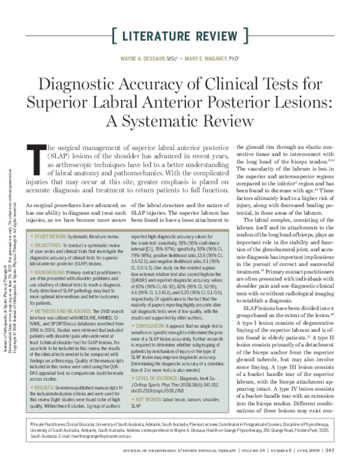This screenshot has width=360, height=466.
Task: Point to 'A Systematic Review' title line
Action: (x=180, y=120)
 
